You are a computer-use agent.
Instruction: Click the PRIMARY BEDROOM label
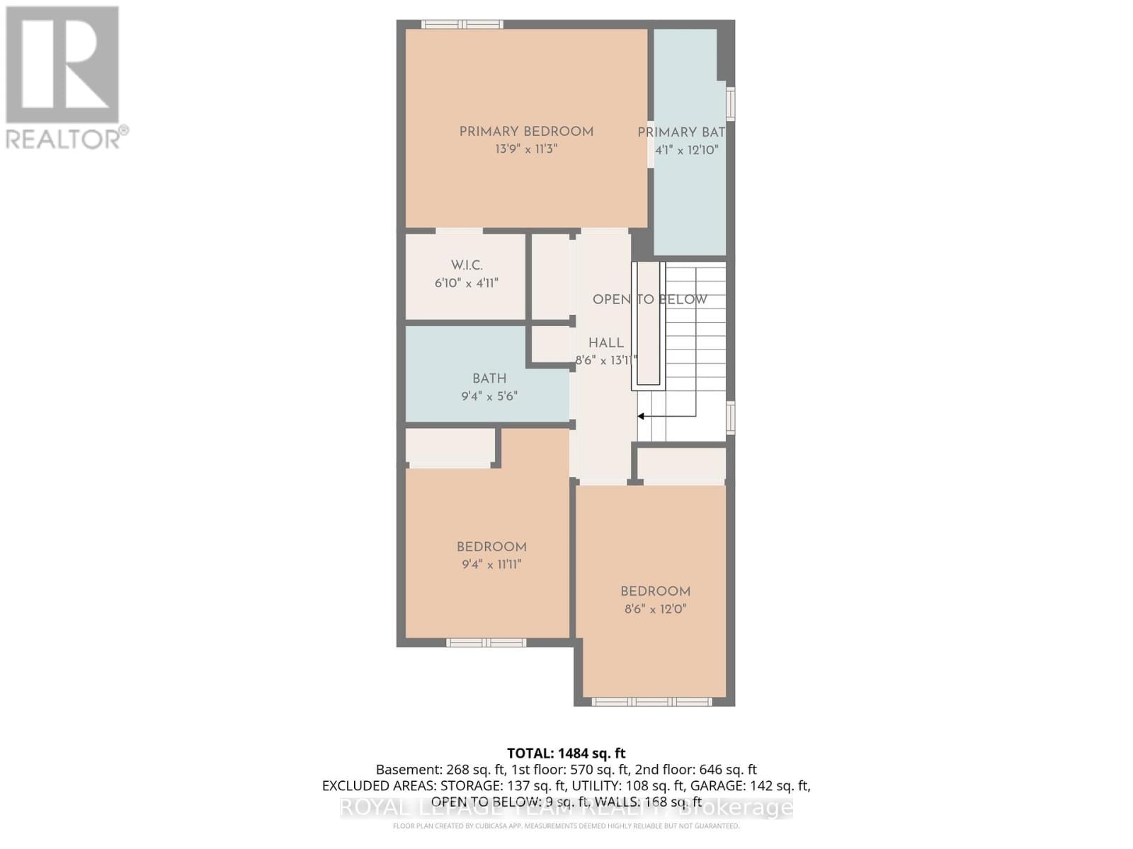526,132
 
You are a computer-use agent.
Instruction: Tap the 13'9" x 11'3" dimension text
526,149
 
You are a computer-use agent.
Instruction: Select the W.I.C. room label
467,265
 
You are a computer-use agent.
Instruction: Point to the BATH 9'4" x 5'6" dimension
489,396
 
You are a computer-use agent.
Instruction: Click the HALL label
606,343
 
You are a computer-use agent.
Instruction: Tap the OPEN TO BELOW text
649,299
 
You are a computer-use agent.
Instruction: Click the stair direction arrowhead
641,417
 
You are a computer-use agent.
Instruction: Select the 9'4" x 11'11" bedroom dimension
491,565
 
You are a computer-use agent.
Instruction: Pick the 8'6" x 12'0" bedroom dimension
655,609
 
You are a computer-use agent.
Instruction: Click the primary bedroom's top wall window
462,25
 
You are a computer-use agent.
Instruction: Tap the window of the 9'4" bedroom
486,642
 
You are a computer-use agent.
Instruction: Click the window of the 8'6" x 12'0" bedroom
651,702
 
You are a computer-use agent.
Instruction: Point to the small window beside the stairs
731,417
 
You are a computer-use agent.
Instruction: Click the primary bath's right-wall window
731,103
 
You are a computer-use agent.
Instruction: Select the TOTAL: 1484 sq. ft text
566,753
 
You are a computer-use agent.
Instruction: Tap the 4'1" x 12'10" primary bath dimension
686,150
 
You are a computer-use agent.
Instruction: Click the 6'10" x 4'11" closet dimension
467,283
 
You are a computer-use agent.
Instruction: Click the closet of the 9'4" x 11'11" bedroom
450,446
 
